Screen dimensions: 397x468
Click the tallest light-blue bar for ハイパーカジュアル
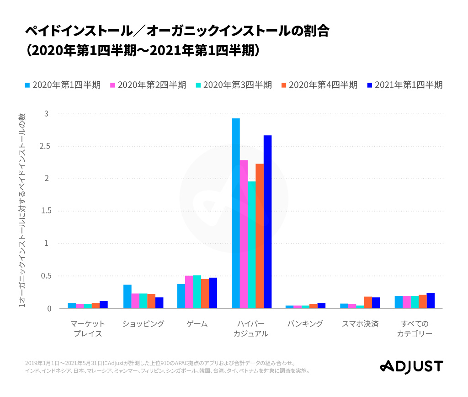tap(236, 213)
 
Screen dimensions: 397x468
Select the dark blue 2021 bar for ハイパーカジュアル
tap(267, 222)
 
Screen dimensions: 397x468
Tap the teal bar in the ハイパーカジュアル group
tap(251, 245)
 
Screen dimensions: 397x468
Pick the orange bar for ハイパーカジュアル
tap(260, 236)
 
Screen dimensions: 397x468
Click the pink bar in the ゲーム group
tap(189, 292)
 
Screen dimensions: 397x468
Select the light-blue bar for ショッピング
tap(128, 296)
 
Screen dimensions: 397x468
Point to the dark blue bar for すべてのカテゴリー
tap(431, 301)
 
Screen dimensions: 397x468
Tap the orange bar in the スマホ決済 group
tap(368, 302)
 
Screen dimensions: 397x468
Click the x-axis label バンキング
tap(305, 324)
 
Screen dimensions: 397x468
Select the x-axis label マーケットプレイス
tap(88, 328)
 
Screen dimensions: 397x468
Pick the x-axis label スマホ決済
tap(360, 324)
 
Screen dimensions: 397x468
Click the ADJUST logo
tap(412, 366)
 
